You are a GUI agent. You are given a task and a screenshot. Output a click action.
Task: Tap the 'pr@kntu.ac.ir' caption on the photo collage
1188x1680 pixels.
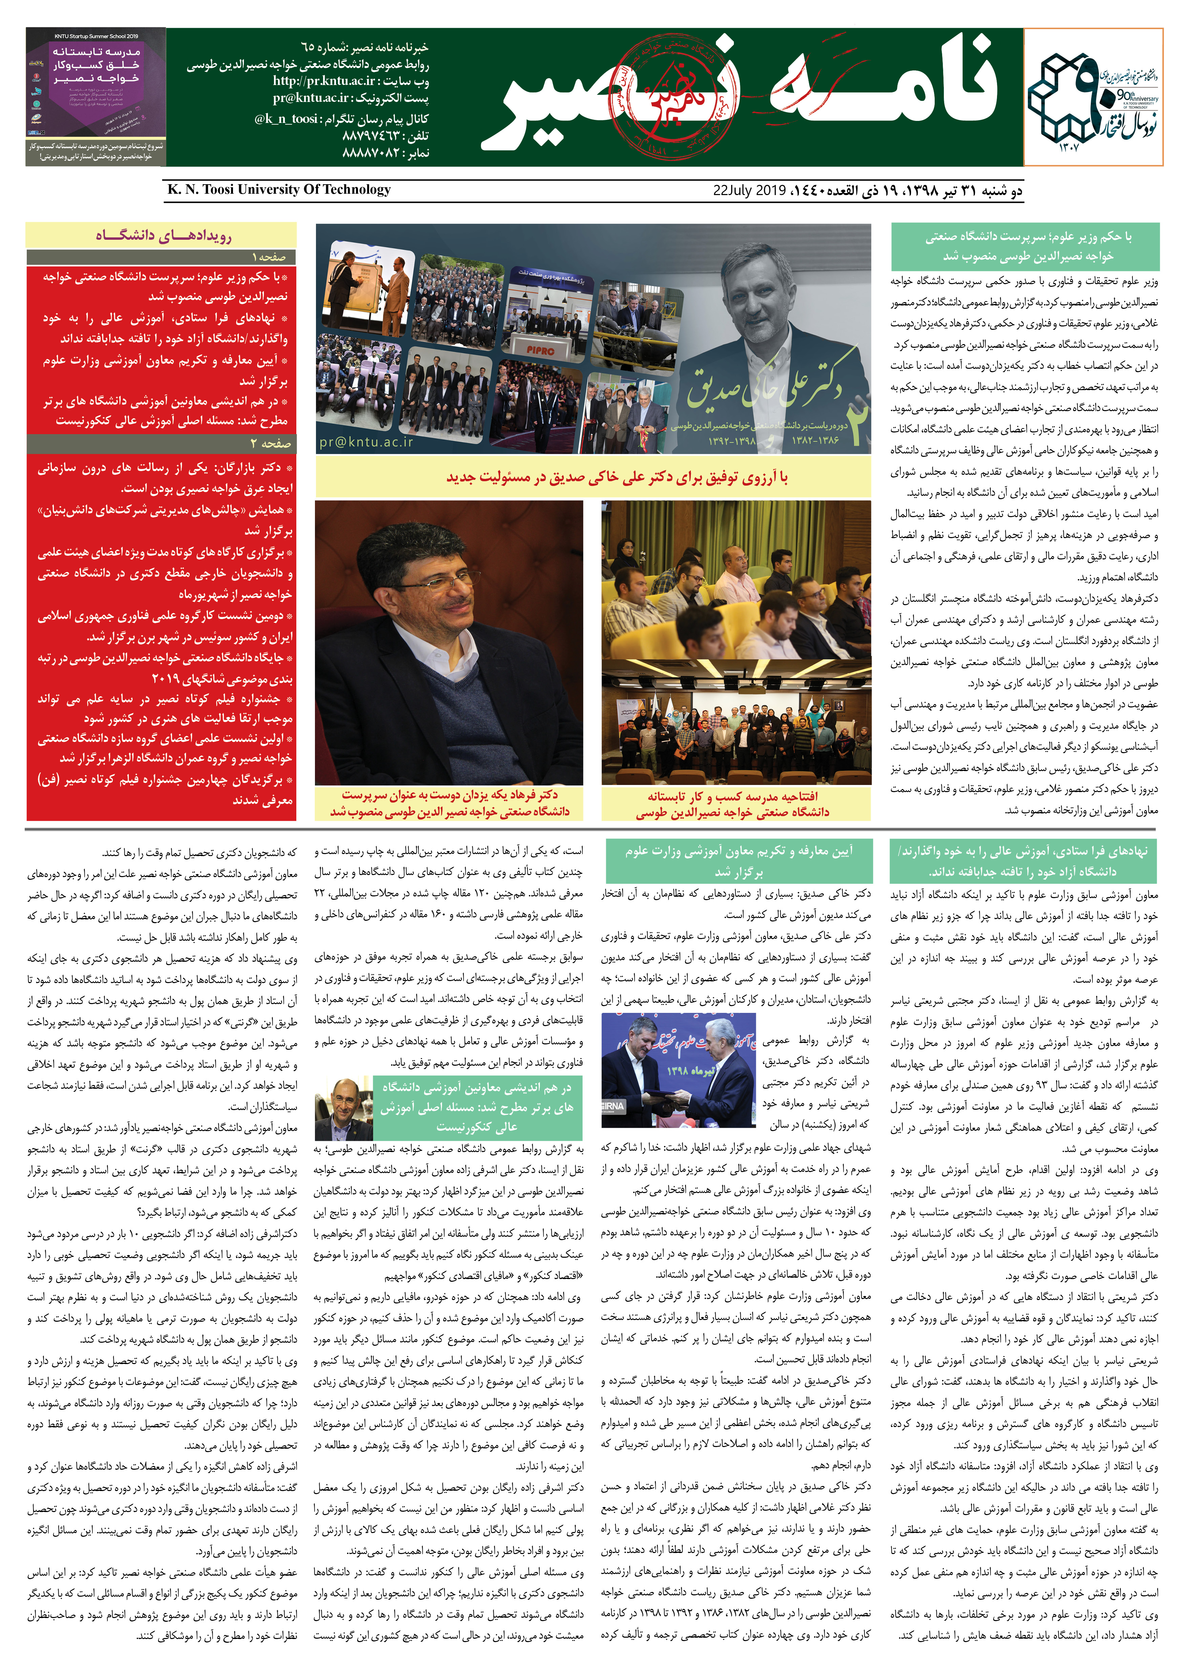click(366, 442)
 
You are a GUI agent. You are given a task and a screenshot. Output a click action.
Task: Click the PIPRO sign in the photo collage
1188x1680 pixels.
click(540, 350)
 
